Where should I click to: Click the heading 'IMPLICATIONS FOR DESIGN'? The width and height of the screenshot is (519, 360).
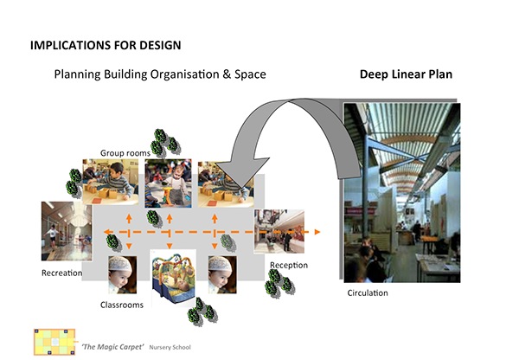(x=106, y=45)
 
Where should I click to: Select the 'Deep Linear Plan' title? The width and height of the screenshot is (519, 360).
(x=406, y=74)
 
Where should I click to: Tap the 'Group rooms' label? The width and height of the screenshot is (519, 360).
(x=125, y=153)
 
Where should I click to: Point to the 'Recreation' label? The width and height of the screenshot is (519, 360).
(x=62, y=273)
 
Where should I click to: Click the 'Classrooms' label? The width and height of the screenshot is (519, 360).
(x=122, y=305)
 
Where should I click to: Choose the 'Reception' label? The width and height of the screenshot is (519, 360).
(x=289, y=266)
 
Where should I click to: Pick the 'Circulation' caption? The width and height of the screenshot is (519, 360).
(x=368, y=292)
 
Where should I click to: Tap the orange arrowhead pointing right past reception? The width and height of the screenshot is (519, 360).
(x=317, y=232)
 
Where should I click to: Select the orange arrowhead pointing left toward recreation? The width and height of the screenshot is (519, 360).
(x=107, y=232)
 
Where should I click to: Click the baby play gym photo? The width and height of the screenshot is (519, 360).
(x=174, y=277)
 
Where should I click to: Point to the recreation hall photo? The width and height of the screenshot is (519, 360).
(x=67, y=231)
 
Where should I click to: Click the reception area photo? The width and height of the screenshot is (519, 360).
(x=279, y=232)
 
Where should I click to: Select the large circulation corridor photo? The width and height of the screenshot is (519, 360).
(x=402, y=192)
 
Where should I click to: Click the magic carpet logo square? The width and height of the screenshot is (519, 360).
(x=54, y=342)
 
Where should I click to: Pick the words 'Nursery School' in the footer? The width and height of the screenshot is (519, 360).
(x=170, y=347)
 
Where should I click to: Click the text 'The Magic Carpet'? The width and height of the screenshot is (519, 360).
(x=112, y=347)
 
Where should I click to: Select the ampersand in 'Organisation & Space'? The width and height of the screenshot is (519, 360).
(x=227, y=74)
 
